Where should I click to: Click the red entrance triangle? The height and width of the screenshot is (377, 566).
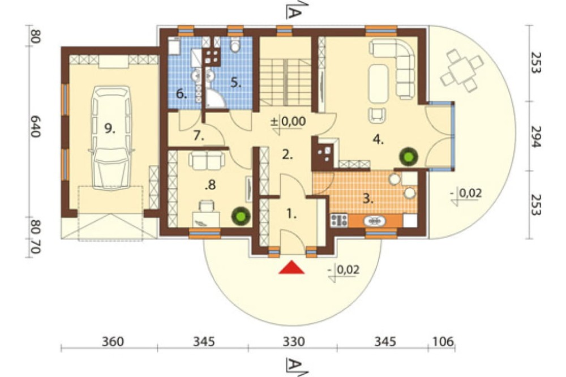click(x=291, y=267)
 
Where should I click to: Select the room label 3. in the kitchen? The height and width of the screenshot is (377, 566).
click(x=368, y=199)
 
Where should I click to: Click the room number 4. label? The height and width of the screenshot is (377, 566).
click(x=378, y=139)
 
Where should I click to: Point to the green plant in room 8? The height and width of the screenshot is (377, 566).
click(x=241, y=216)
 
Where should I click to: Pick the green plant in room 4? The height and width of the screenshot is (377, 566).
click(x=409, y=156)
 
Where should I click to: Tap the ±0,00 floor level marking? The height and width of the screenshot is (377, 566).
click(x=288, y=122)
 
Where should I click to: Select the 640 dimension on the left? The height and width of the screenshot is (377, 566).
click(x=35, y=126)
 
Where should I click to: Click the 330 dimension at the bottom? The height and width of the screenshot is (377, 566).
click(x=293, y=341)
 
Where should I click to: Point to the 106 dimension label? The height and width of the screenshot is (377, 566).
click(x=442, y=341)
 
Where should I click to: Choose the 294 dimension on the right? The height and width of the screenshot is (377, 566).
click(x=537, y=136)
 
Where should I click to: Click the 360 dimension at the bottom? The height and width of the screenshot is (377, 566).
click(x=113, y=341)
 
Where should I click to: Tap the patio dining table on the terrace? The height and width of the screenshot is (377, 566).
click(x=461, y=71)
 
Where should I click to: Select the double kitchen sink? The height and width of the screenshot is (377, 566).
click(x=375, y=221)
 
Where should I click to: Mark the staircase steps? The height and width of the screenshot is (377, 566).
click(x=285, y=83)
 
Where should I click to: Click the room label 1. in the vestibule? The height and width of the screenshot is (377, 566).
click(x=291, y=214)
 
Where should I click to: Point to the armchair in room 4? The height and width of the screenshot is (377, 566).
click(x=377, y=115)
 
